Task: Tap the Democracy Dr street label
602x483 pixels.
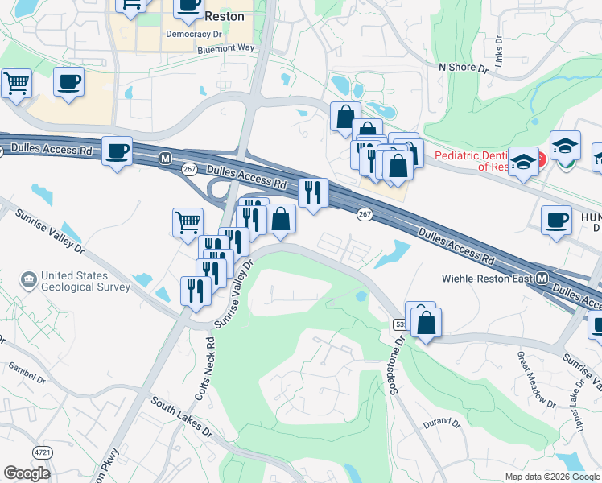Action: tap(193, 35)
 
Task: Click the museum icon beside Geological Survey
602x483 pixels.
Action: tap(30, 279)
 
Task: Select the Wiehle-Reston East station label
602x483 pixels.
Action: tap(488, 279)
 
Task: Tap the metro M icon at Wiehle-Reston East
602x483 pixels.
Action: tap(542, 279)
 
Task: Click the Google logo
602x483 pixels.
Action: tap(27, 473)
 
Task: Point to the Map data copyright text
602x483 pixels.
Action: tap(553, 477)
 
